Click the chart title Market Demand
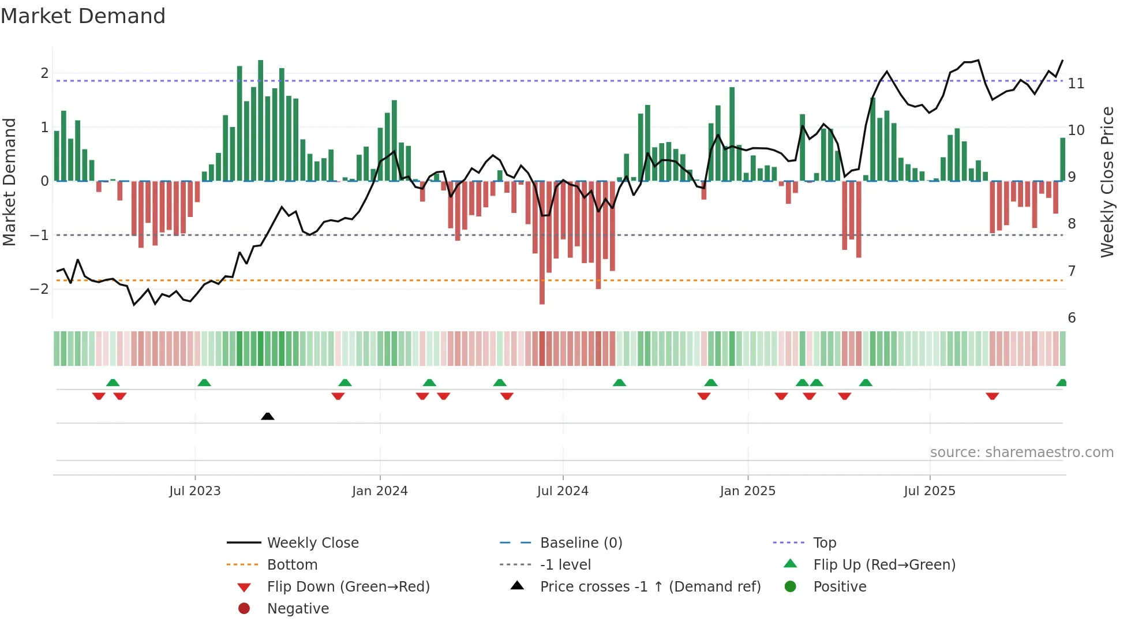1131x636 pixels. coord(83,16)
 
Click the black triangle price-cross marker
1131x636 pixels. coord(267,416)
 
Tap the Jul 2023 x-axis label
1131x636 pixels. coord(195,491)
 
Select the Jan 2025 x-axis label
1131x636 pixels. coord(747,491)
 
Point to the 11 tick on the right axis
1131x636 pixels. coord(1076,84)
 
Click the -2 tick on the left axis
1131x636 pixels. coord(39,289)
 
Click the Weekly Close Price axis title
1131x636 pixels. coord(1107,182)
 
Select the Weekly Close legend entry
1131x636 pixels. coord(312,543)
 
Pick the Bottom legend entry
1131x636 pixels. coord(292,564)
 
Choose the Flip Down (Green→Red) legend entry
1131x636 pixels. coord(348,586)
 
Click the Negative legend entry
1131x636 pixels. coord(298,608)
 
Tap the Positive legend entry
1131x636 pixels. coord(839,586)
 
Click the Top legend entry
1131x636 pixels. coord(824,543)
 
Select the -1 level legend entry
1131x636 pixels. coord(565,564)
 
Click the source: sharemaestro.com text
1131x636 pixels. coord(1021,452)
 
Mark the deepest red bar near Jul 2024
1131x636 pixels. coord(542,242)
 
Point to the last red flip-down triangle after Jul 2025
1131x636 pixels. coord(992,396)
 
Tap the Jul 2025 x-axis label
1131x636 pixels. coord(929,491)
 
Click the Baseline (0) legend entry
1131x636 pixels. coord(581,543)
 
